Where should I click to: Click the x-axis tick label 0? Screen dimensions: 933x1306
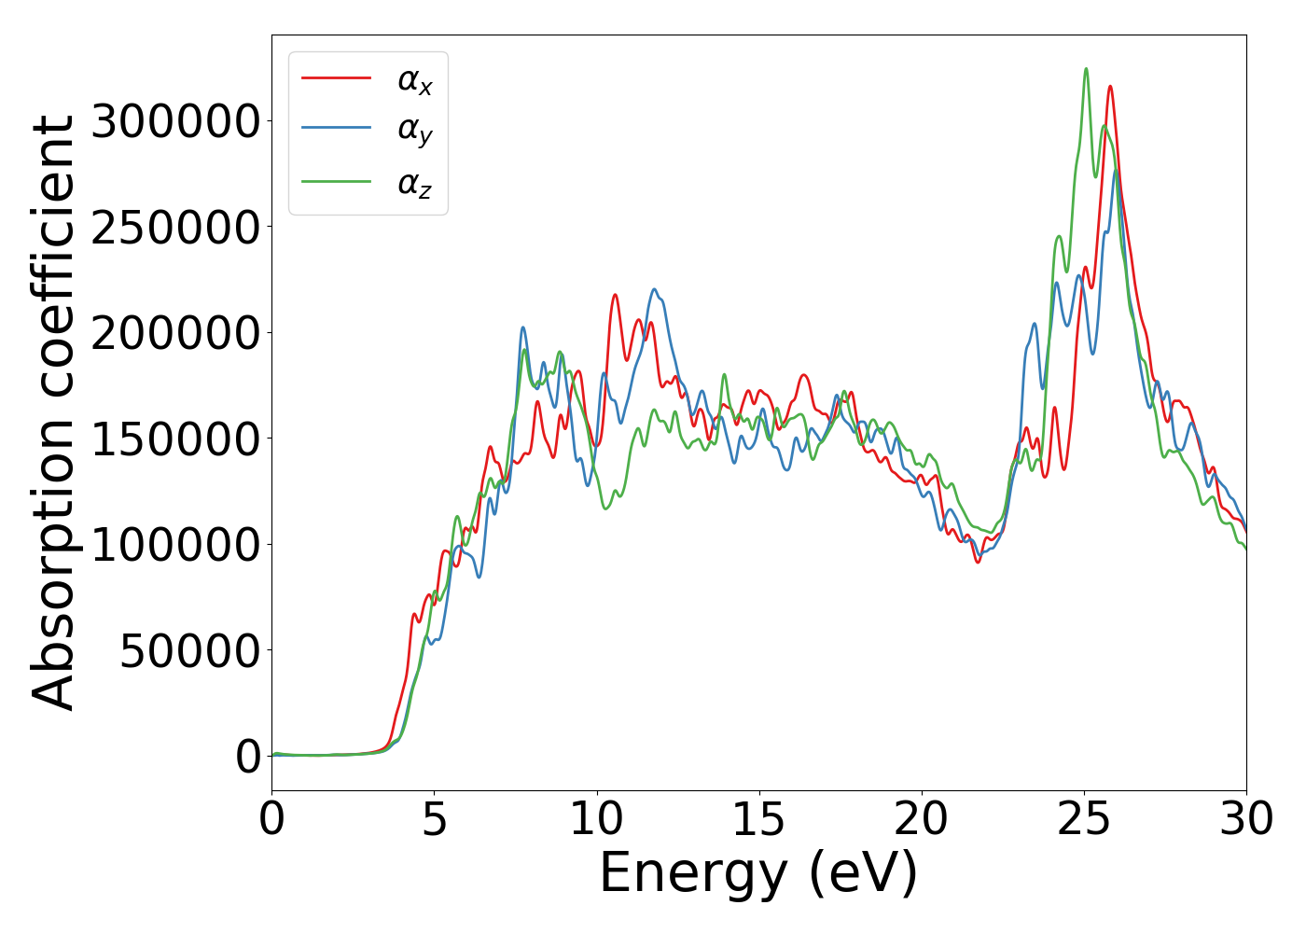[x=271, y=819]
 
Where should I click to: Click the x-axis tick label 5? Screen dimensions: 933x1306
[x=434, y=819]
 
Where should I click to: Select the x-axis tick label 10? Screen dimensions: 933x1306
[x=596, y=819]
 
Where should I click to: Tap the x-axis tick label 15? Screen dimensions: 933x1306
[x=758, y=819]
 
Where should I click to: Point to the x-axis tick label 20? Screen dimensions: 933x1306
[x=921, y=819]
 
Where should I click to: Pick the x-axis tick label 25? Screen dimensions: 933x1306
[x=1084, y=819]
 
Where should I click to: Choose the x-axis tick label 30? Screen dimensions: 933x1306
[x=1246, y=819]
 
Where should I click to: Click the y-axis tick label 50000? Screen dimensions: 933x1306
[x=189, y=651]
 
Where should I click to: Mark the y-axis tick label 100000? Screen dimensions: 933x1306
[x=175, y=545]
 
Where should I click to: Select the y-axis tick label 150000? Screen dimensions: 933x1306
[x=175, y=439]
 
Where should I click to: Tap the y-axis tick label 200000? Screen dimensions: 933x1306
[x=175, y=333]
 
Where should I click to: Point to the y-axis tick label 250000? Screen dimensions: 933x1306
[x=175, y=228]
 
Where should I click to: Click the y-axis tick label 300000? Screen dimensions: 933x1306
[x=175, y=121]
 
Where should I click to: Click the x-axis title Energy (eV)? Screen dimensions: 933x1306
[x=758, y=874]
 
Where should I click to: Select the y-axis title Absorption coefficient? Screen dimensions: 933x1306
[x=53, y=412]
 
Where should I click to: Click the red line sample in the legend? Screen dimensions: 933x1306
[x=337, y=78]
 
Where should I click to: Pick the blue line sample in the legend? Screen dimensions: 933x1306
[x=337, y=130]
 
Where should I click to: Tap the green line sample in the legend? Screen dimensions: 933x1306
[x=337, y=181]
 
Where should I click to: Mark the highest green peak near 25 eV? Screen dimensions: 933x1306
[x=1086, y=69]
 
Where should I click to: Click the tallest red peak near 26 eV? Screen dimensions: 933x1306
[x=1110, y=87]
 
